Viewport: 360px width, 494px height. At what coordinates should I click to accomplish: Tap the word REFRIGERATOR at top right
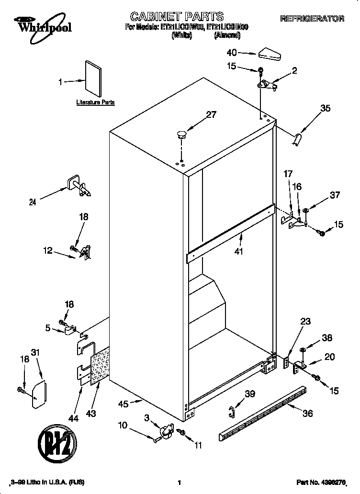coord(312,19)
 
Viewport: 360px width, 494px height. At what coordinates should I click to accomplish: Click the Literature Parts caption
coord(95,102)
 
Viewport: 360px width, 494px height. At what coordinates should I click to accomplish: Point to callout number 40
coord(232,53)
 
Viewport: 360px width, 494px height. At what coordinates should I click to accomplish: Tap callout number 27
coord(211,114)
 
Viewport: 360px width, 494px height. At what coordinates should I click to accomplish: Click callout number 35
coord(325,108)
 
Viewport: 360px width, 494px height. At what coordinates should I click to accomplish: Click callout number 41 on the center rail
coord(239,251)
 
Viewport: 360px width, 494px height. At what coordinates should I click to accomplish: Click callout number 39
coord(249,394)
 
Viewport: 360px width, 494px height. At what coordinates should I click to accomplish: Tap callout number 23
coord(306,322)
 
